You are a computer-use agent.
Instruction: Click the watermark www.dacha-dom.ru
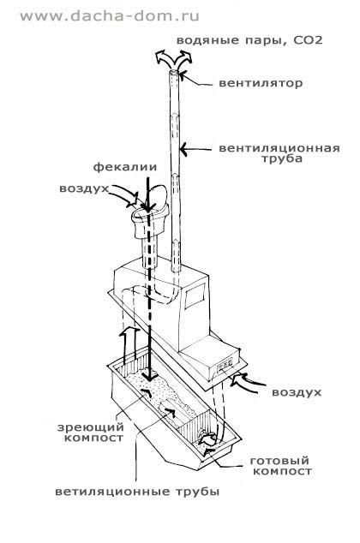point(110,16)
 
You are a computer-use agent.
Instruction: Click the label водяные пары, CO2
point(249,40)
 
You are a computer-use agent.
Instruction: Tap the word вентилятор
point(261,83)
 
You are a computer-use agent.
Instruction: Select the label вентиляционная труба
point(279,153)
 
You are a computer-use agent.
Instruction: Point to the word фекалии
point(125,167)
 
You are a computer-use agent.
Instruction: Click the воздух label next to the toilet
point(84,188)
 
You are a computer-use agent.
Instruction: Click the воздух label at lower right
point(297,392)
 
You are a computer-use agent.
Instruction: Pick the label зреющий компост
point(91,433)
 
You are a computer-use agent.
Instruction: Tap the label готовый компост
point(279,466)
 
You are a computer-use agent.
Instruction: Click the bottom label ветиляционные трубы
point(137,492)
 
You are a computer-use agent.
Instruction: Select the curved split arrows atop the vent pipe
point(173,59)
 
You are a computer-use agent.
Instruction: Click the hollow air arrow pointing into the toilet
point(127,195)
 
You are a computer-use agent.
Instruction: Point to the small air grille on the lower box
point(225,366)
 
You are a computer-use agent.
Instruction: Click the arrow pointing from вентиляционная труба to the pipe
point(195,150)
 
